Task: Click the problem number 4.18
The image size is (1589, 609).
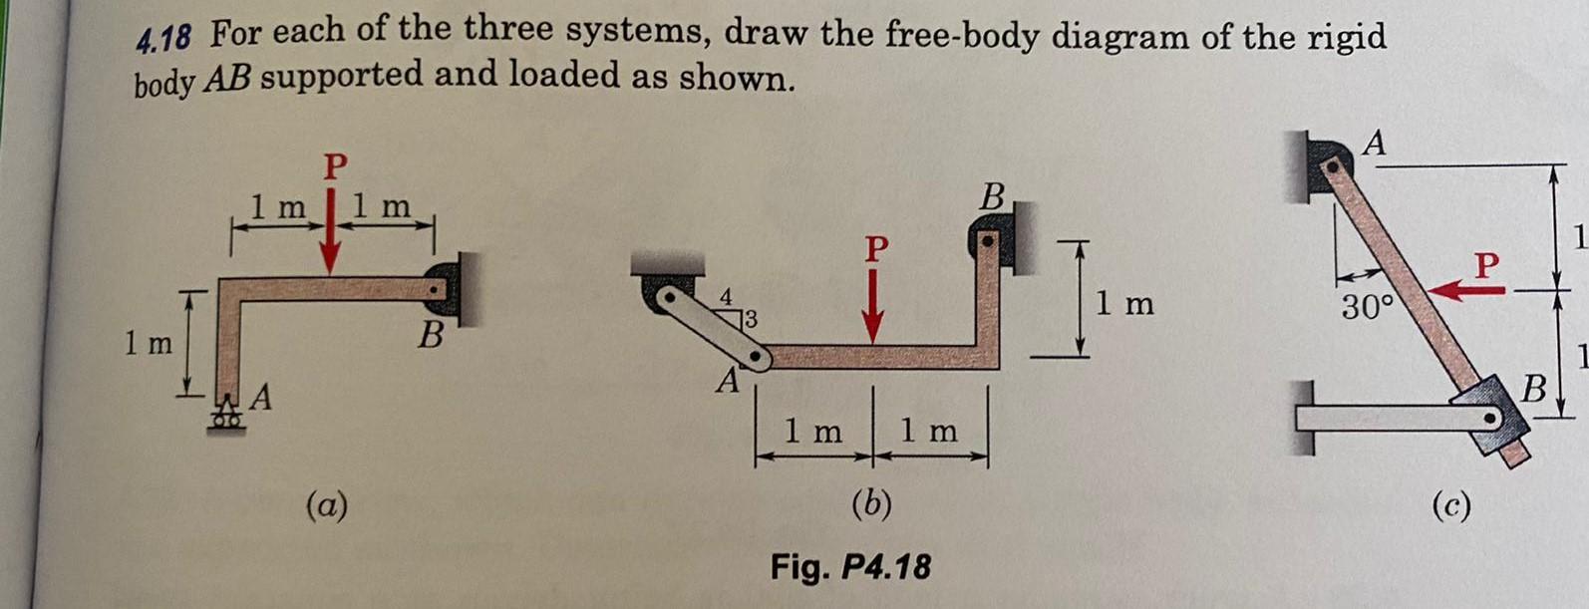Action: tap(163, 40)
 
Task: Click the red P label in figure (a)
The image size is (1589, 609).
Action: tap(335, 165)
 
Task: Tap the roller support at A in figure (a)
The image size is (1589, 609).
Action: tap(227, 416)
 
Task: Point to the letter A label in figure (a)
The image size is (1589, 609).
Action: tap(261, 399)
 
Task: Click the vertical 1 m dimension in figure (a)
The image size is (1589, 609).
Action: tap(147, 344)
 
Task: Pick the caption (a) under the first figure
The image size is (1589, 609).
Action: tap(327, 506)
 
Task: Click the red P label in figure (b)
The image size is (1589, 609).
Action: tap(875, 248)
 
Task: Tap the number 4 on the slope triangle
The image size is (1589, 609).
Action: tap(727, 297)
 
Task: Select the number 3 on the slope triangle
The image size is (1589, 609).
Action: tap(751, 320)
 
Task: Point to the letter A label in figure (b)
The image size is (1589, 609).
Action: tap(729, 382)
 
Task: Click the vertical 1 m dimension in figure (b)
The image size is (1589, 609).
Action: tap(1124, 303)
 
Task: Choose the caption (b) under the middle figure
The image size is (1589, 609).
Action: tap(871, 504)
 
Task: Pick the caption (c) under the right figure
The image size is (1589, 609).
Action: tap(1450, 506)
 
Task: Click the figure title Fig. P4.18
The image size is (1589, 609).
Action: tap(850, 567)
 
